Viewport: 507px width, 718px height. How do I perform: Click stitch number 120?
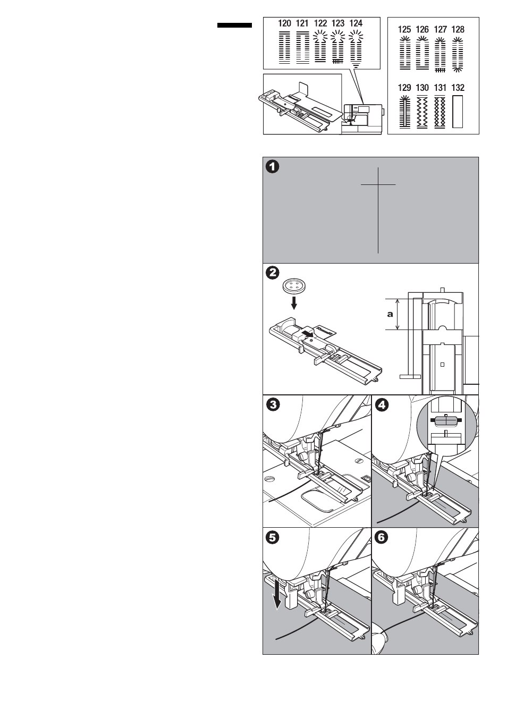[284, 23]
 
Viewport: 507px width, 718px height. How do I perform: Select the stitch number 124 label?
[356, 23]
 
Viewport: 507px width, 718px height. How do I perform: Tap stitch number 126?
[422, 30]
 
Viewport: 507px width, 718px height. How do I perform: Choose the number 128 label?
[458, 30]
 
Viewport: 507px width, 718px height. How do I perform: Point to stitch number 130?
[422, 88]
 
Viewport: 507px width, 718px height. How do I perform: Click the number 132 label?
[458, 88]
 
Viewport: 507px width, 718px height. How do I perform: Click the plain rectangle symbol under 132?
[458, 112]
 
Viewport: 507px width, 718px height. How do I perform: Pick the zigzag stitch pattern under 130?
[422, 112]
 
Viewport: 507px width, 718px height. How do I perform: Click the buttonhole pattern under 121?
[302, 48]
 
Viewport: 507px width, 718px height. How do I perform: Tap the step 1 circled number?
[272, 166]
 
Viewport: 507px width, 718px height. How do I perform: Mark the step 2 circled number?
[272, 273]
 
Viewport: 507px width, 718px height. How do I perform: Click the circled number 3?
[272, 405]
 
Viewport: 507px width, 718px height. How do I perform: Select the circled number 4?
[381, 405]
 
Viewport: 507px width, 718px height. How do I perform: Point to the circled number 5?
[272, 537]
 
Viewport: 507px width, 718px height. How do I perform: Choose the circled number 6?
[381, 537]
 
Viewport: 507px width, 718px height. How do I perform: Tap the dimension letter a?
[390, 314]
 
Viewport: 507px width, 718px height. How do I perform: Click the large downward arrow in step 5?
[276, 598]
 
